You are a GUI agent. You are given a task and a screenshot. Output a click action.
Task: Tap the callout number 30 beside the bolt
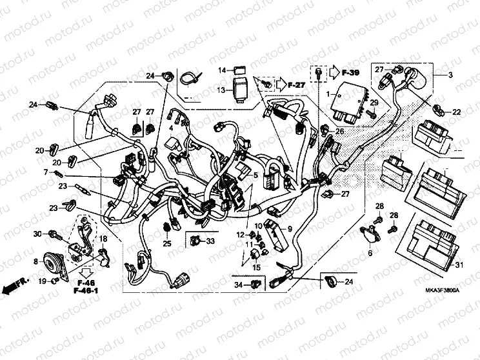37,233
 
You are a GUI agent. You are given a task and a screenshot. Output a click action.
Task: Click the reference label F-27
295,84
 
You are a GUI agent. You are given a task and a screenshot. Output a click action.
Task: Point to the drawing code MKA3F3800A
442,291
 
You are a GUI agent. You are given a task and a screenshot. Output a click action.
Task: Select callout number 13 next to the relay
221,90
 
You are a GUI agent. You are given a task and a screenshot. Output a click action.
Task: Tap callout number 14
221,70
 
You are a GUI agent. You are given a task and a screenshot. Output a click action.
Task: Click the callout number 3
451,75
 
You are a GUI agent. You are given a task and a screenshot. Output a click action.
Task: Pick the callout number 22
456,112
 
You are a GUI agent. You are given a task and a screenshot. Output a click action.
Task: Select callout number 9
290,228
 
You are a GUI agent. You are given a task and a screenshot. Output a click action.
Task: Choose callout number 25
167,243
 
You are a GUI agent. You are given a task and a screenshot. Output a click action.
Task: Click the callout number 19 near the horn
41,281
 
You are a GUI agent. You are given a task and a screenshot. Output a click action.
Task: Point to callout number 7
46,172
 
